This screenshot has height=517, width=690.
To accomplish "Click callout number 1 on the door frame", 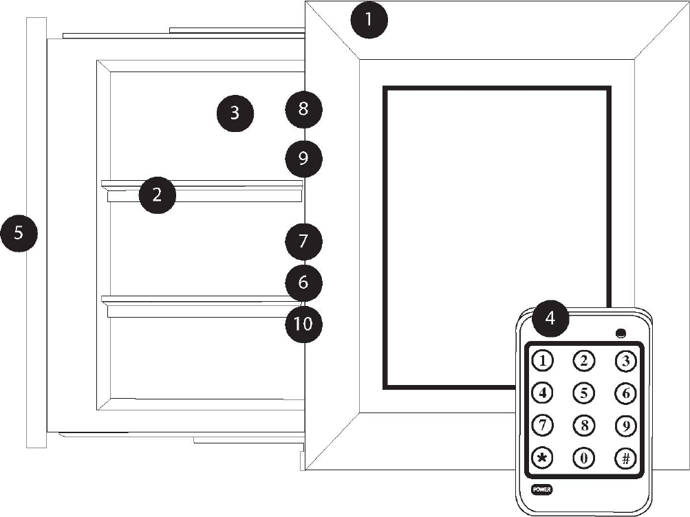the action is click(369, 21).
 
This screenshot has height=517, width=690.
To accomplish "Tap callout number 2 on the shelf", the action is click(157, 195).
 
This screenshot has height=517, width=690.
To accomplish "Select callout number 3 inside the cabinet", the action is click(235, 113).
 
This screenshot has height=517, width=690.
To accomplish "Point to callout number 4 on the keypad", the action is click(550, 318).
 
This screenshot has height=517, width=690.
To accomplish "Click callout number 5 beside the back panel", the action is click(19, 232).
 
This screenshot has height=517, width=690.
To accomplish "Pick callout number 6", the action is click(303, 282).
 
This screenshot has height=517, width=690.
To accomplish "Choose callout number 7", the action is click(303, 241).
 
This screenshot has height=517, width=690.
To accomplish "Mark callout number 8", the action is click(303, 109).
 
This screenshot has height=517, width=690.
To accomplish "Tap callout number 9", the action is click(303, 159).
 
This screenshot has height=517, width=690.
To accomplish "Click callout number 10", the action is click(303, 324).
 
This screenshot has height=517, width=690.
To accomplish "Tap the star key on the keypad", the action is click(543, 458).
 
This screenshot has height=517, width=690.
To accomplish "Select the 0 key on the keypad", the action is click(584, 458).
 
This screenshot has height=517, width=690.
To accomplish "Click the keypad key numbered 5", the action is click(584, 393).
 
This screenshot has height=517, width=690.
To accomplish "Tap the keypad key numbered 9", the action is click(625, 425).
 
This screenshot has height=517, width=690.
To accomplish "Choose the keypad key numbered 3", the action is click(625, 360).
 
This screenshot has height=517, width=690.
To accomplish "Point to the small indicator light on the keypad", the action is click(621, 334).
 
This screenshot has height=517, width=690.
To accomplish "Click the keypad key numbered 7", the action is click(543, 425).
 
